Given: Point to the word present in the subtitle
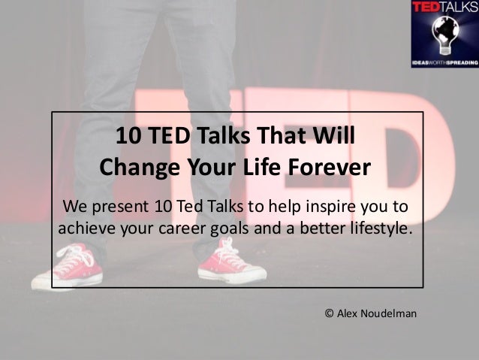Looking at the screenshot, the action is pos(120,207).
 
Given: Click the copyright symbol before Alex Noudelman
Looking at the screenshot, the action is pos(329,313).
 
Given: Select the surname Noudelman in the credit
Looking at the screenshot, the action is pos(389,313).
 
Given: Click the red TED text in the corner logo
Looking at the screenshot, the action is pos(426,7).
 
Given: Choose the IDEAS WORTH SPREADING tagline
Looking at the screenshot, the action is pos(445,62).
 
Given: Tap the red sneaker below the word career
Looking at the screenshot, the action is pos(232,262).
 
